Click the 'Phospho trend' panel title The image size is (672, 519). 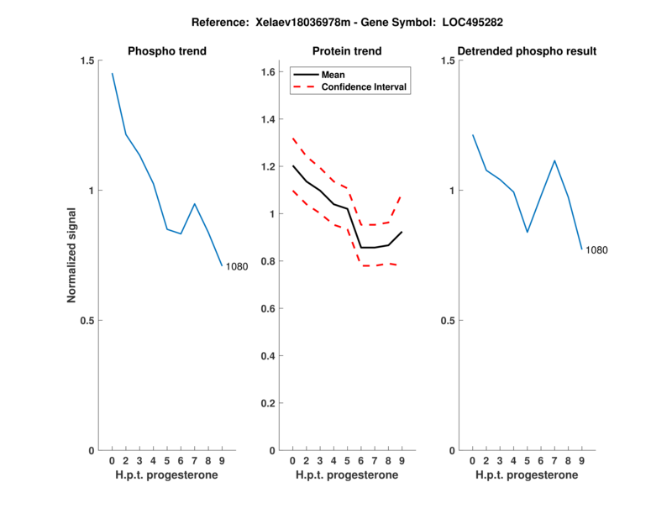click(167, 51)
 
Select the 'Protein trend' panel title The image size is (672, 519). click(347, 51)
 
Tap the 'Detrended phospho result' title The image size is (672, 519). click(527, 51)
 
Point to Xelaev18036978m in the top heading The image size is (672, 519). click(295, 21)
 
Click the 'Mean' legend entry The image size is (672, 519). click(333, 74)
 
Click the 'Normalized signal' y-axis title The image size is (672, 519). click(72, 255)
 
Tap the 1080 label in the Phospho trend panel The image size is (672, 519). click(237, 267)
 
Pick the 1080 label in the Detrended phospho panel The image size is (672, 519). click(596, 250)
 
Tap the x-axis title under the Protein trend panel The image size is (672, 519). click(347, 475)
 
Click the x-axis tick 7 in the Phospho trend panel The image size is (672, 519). click(194, 460)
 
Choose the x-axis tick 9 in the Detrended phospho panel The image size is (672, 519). click(581, 460)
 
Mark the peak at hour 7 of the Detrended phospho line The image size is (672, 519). click(554, 160)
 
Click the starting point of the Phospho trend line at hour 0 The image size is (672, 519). click(113, 74)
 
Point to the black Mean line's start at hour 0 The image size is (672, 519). click(292, 165)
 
